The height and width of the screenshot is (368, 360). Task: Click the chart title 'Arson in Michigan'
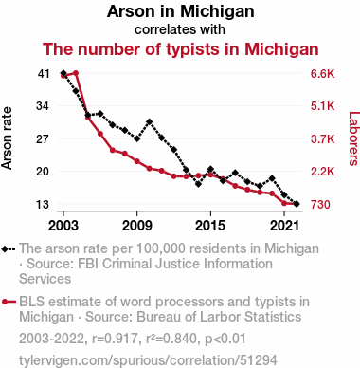coord(180,11)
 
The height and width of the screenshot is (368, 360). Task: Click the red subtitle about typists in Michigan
coord(180,49)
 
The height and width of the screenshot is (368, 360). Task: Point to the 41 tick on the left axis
coord(44,74)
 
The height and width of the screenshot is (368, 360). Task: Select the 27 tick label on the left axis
coord(44,139)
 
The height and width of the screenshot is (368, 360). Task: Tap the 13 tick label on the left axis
coord(44,205)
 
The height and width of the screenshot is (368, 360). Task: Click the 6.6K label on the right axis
coord(322,74)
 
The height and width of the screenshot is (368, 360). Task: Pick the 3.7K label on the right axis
coord(322,139)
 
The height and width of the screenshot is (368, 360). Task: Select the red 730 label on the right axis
coord(320,205)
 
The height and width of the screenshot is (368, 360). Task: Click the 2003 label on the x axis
coord(63,226)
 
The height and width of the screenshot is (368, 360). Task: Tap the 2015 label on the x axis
coord(210,226)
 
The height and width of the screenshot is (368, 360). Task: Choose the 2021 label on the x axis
coord(284,226)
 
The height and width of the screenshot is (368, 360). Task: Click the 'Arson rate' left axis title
coord(7,138)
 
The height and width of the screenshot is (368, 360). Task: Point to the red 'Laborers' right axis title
coord(353,138)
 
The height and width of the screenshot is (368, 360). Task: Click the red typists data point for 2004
coord(76,73)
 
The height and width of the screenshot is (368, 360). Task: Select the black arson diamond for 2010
coord(150,121)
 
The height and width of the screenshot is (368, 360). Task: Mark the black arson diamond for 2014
coord(198,184)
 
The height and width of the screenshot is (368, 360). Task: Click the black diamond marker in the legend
coord(6,248)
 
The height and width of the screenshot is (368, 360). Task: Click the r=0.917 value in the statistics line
coord(115,339)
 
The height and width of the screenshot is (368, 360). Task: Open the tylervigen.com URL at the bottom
coord(148,360)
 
